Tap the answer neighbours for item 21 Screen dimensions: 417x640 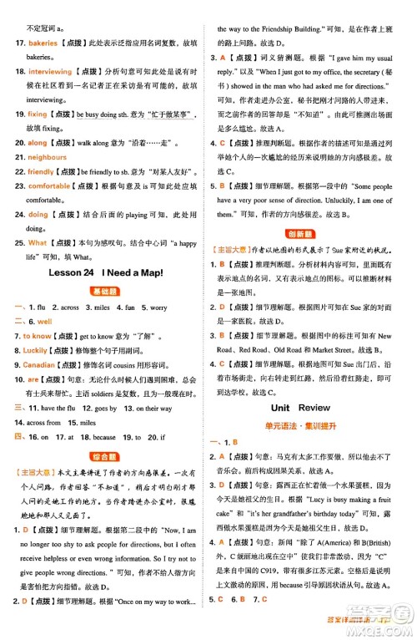pyautogui.click(x=47, y=156)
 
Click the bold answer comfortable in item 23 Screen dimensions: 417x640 pyautogui.click(x=49, y=186)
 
